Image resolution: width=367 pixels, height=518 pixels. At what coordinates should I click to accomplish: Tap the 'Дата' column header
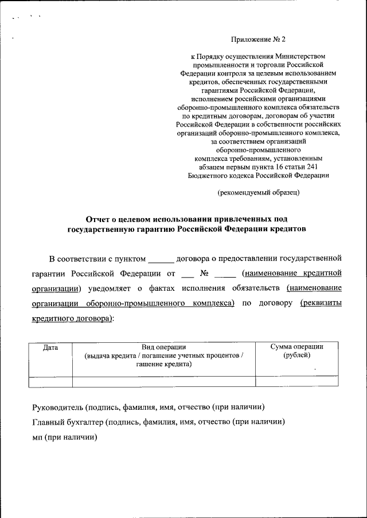click(x=50, y=347)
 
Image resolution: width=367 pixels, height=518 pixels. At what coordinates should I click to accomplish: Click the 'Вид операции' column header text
click(x=164, y=347)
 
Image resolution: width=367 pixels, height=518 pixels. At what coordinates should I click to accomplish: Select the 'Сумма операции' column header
click(x=296, y=347)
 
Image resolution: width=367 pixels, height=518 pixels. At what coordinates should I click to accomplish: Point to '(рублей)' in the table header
click(x=296, y=355)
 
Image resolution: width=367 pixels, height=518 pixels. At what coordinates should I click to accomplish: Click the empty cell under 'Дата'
click(x=50, y=382)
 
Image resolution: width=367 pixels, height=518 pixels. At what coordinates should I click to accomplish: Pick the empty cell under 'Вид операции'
click(x=164, y=382)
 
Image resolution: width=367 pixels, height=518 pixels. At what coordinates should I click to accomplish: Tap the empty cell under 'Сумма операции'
click(x=296, y=382)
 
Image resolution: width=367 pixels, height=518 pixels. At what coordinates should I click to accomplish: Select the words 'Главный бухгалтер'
click(x=65, y=422)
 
